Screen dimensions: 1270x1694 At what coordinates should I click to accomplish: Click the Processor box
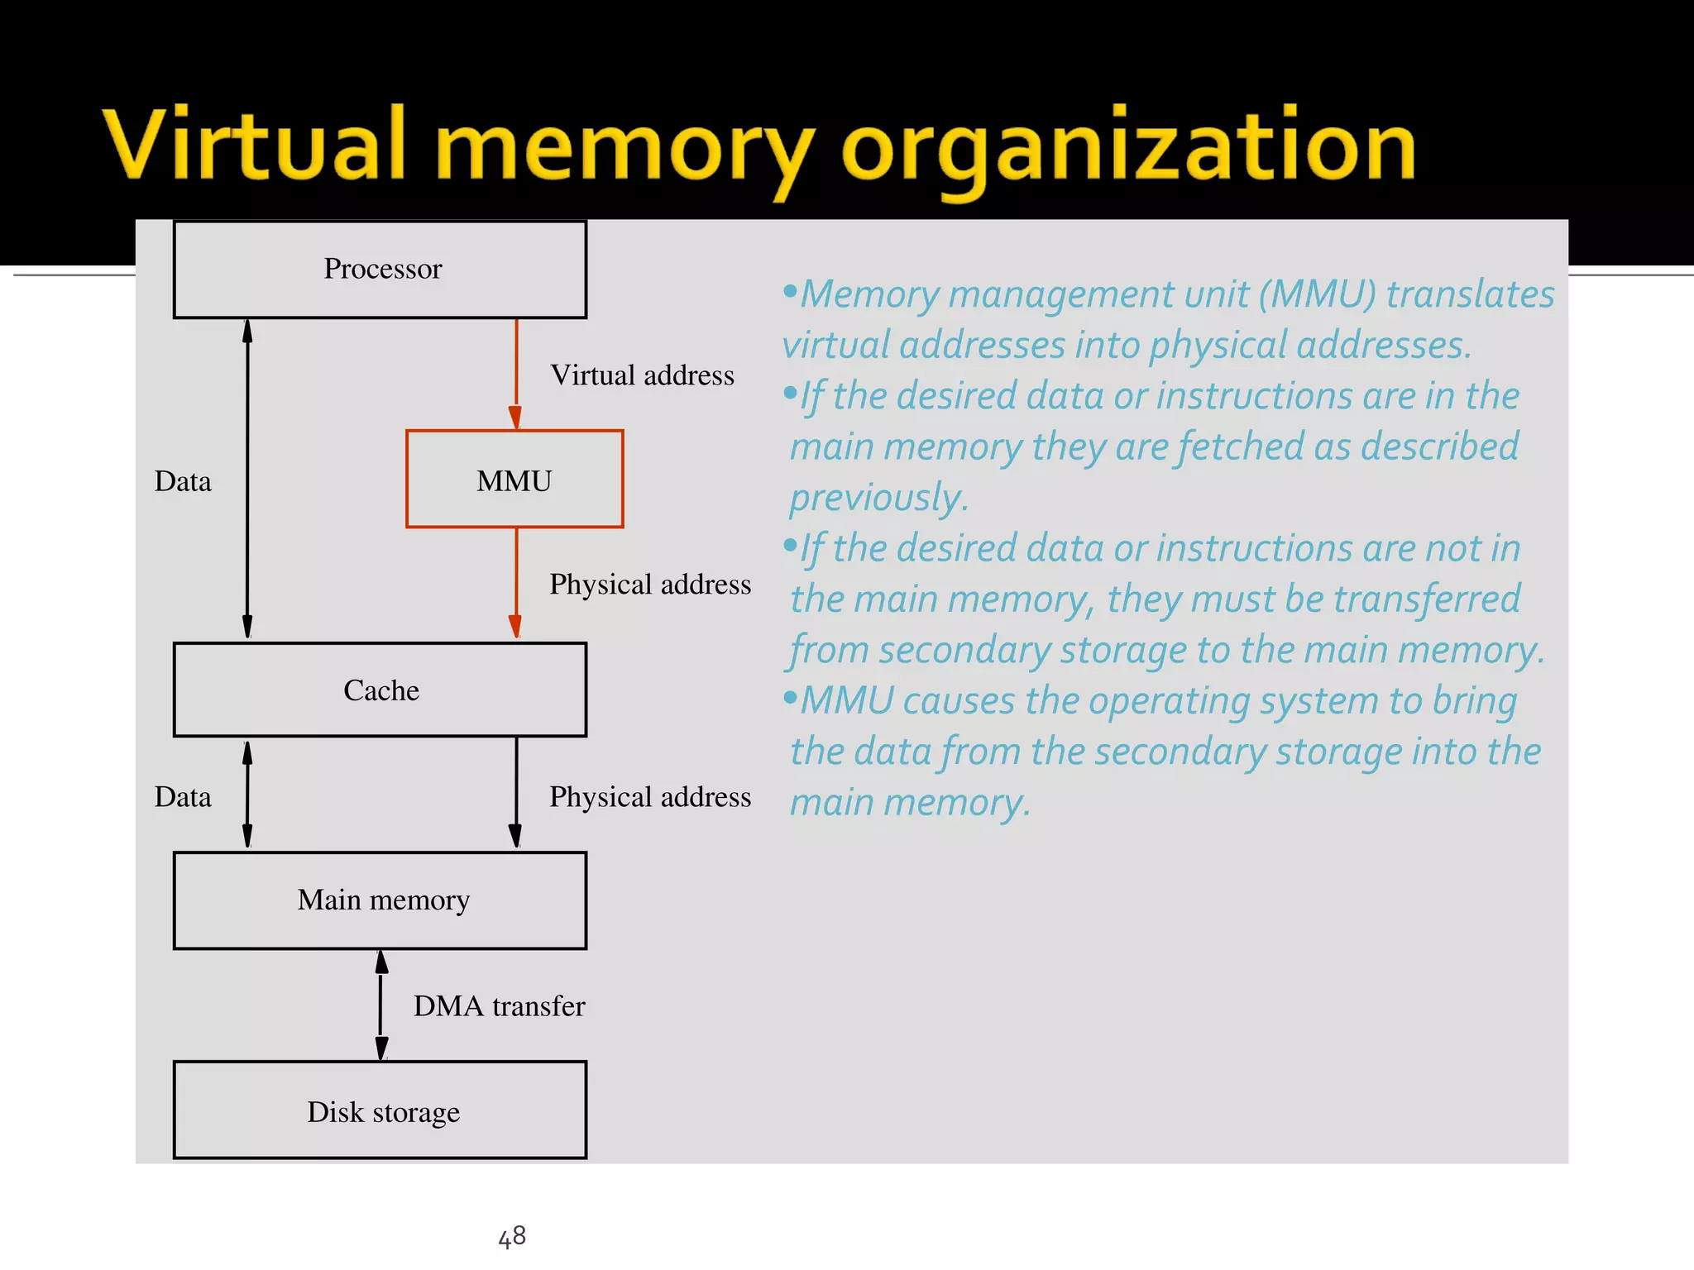point(380,270)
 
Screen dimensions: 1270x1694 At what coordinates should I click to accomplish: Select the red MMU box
point(514,480)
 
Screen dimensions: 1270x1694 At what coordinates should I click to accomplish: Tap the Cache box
point(380,690)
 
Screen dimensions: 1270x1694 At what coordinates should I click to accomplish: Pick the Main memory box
point(380,900)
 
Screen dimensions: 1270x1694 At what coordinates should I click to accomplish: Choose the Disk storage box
point(380,1110)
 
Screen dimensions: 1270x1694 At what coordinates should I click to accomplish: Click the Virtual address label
point(642,375)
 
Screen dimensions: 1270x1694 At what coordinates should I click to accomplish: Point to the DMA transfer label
point(499,1006)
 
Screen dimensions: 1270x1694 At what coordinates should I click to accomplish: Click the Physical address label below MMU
point(650,585)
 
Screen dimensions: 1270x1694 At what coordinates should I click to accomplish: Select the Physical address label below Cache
point(650,797)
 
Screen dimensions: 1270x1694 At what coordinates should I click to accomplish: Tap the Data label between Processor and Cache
point(183,481)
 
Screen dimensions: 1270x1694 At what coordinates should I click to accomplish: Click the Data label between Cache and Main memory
point(183,797)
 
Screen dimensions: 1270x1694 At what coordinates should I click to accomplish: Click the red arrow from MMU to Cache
point(516,584)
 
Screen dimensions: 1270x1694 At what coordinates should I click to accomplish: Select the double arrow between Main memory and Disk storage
point(381,1005)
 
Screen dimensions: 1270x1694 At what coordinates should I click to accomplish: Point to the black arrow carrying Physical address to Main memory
point(516,794)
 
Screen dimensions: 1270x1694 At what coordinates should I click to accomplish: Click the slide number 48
point(512,1237)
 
